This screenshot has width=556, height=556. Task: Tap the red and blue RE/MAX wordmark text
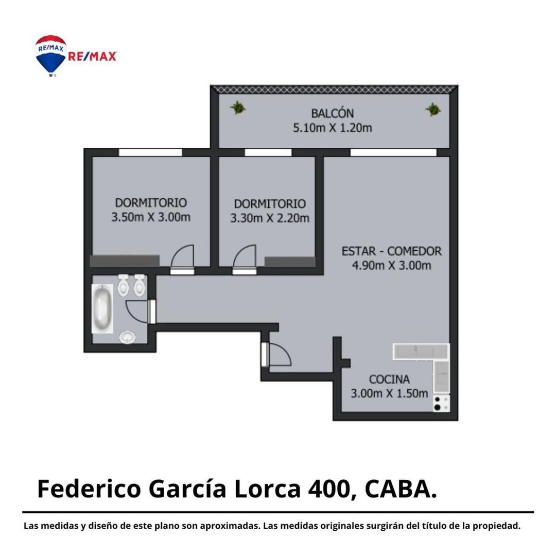coord(93,57)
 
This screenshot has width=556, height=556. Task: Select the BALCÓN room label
coord(332,113)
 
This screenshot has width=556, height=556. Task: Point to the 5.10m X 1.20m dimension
coord(332,128)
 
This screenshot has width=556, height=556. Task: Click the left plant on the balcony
coord(237,108)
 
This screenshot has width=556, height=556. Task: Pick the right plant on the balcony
coord(432,109)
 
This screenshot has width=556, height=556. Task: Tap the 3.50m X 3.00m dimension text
coord(151,217)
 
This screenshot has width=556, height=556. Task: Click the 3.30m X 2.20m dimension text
coord(269,218)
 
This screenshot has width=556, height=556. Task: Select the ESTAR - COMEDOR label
coord(391,251)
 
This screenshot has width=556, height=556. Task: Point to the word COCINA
coord(389,379)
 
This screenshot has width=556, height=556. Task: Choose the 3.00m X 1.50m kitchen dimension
coord(389,393)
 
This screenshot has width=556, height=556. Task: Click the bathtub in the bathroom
coord(102,309)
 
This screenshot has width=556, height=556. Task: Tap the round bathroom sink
coord(127,337)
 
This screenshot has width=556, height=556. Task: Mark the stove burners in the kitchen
coord(439,403)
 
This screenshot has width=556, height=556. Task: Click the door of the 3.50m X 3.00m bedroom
coord(182,258)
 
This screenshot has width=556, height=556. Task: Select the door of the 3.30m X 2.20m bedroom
coord(244,258)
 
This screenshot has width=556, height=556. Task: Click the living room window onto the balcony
coord(393,152)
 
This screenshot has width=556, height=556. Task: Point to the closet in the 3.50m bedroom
coord(124,261)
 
